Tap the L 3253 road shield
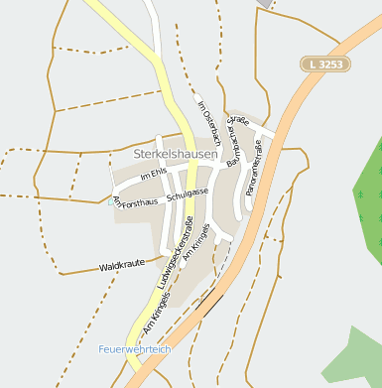pyautogui.click(x=324, y=64)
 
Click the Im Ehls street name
pyautogui.click(x=154, y=175)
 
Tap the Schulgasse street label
pyautogui.click(x=188, y=195)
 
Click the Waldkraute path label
pyautogui.click(x=122, y=267)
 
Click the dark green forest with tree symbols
pyautogui.click(x=367, y=198)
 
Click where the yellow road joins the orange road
pyautogui.click(x=136, y=374)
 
